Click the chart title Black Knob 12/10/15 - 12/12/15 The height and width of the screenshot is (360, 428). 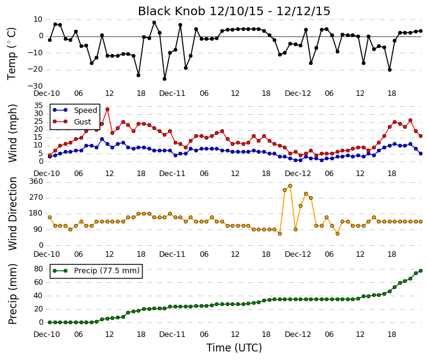click(234, 11)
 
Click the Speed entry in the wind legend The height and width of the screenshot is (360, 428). click(75, 110)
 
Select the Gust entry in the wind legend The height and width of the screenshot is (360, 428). click(72, 121)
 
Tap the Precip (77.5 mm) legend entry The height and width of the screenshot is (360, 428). click(97, 271)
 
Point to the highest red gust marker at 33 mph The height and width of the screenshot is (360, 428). click(107, 109)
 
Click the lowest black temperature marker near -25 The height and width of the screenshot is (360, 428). click(165, 79)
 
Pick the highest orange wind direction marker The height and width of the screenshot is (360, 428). click(290, 186)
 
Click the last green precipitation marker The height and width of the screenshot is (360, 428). click(421, 271)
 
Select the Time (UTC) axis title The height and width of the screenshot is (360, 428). click(234, 348)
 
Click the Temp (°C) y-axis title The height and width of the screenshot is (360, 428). click(12, 54)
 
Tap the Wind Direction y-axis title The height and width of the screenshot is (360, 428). click(13, 214)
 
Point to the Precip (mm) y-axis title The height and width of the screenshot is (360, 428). click(13, 294)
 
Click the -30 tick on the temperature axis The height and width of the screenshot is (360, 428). click(35, 86)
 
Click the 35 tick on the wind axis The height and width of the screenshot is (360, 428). click(39, 106)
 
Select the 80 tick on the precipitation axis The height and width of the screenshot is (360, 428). click(39, 269)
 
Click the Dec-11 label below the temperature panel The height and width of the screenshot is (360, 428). click(172, 93)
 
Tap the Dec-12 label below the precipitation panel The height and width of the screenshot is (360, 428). click(298, 335)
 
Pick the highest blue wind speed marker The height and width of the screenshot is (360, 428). click(102, 139)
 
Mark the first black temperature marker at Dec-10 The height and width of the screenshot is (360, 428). click(50, 40)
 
